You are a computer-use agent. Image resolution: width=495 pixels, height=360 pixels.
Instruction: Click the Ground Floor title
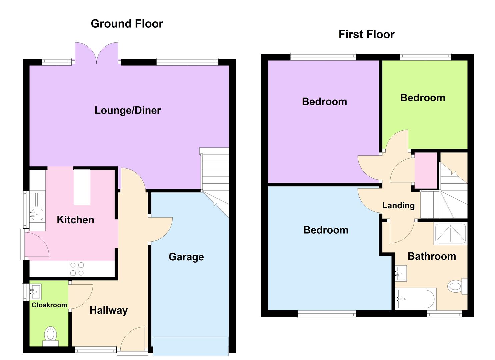click(x=127, y=24)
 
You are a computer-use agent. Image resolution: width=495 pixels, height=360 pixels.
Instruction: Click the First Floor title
click(x=366, y=34)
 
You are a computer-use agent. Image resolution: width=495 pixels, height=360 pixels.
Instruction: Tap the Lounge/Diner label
click(x=128, y=110)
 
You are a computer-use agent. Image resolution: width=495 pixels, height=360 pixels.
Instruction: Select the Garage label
click(x=186, y=257)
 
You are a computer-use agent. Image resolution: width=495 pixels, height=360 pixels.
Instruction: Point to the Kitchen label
click(x=75, y=220)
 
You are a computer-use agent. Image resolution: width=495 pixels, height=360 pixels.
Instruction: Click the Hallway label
click(x=109, y=310)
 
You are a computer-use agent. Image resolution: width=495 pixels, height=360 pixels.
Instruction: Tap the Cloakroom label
click(x=49, y=305)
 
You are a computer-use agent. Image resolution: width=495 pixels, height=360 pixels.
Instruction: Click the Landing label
click(x=398, y=205)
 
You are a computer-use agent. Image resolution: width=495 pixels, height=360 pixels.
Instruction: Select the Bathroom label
click(x=432, y=256)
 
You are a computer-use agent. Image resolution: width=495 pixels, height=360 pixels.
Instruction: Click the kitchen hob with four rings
click(x=77, y=269)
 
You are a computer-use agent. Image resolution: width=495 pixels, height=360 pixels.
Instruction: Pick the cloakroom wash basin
click(x=35, y=292)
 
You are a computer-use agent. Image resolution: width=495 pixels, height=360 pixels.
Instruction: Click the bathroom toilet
click(x=456, y=286)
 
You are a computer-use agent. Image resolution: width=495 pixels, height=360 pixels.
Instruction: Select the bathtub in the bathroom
click(x=415, y=299)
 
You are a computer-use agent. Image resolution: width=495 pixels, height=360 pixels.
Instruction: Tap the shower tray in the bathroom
click(x=450, y=234)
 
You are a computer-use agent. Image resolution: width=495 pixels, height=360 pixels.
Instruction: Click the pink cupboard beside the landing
click(x=426, y=170)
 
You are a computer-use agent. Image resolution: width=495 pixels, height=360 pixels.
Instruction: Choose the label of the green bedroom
click(x=423, y=98)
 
